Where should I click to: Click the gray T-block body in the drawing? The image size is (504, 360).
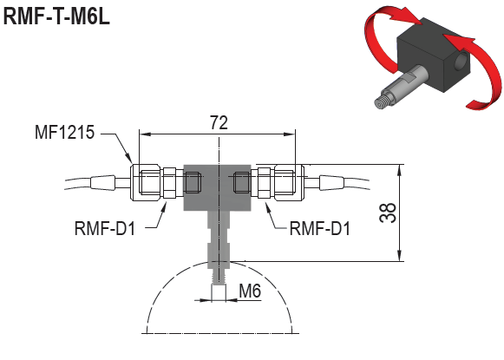(x=218, y=187)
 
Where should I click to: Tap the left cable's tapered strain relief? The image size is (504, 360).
(x=101, y=182)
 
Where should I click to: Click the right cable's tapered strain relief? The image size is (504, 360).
(x=334, y=182)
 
